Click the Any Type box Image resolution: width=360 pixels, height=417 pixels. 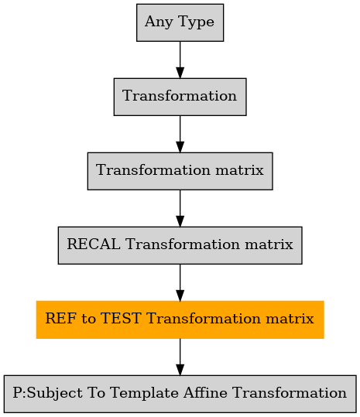(180, 22)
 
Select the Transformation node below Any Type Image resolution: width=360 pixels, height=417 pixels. (180, 97)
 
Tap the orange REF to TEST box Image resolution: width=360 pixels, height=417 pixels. (180, 320)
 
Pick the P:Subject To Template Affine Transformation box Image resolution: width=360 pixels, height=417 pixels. (180, 394)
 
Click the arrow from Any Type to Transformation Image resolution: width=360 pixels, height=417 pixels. (180, 60)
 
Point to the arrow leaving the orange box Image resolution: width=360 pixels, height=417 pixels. (180, 357)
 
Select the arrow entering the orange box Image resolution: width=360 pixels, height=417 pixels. (180, 282)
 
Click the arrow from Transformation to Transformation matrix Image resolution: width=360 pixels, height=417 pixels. (180, 134)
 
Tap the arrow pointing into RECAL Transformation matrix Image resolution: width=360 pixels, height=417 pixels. (180, 208)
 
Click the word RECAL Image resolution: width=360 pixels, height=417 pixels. (94, 244)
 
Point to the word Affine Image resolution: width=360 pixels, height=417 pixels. (205, 392)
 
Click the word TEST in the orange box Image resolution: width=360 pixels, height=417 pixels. (121, 318)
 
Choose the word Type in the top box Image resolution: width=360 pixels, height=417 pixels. (197, 22)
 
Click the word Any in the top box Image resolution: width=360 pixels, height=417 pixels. (159, 22)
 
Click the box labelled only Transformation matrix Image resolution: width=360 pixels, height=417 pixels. (180, 171)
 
